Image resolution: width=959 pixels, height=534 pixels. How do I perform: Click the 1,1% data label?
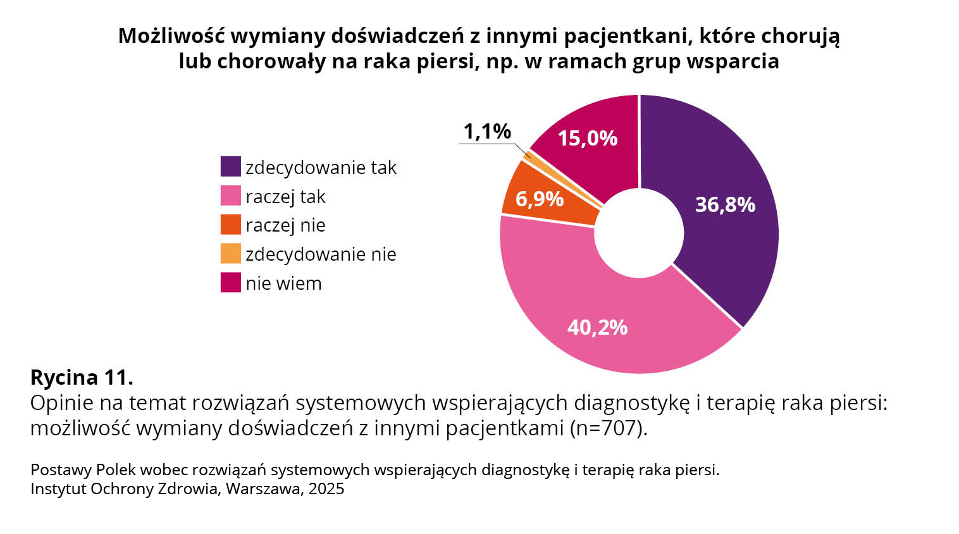click(487, 132)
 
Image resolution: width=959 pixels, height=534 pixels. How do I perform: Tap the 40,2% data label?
click(597, 327)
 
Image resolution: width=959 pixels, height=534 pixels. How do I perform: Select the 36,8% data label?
click(725, 204)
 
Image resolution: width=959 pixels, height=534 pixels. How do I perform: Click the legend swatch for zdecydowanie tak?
click(230, 167)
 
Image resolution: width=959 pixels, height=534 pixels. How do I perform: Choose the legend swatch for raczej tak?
click(230, 196)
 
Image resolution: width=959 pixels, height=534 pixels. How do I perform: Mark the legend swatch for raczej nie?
click(230, 225)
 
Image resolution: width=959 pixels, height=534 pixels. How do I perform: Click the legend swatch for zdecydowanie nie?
click(230, 254)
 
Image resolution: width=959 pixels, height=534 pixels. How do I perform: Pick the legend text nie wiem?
click(283, 283)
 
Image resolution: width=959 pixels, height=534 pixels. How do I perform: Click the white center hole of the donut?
click(639, 233)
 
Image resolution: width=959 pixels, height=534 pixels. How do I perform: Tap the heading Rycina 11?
click(82, 378)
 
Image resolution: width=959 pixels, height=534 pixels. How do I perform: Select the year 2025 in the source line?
click(326, 489)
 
